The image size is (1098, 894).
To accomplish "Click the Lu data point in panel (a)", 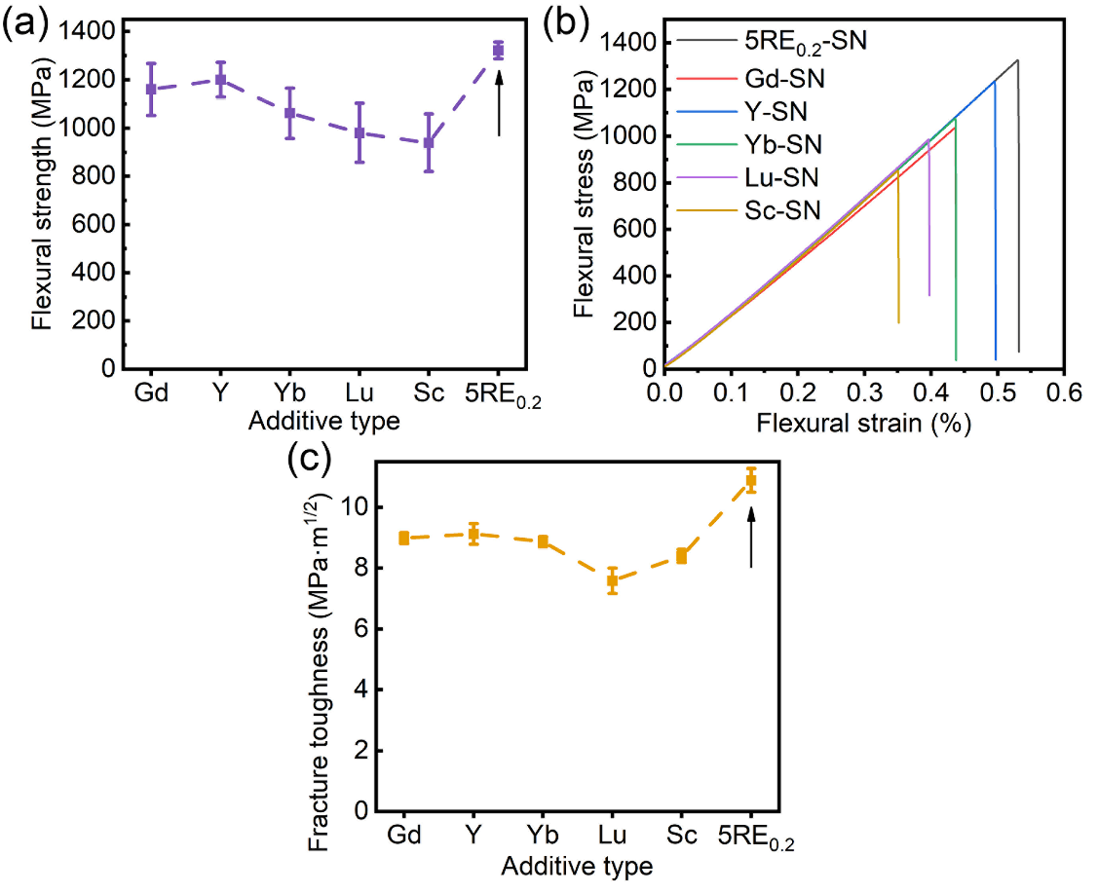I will (360, 132).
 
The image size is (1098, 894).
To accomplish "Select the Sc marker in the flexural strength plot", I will (428, 142).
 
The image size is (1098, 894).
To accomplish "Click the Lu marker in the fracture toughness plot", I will (613, 580).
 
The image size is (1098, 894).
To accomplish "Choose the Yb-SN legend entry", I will (776, 145).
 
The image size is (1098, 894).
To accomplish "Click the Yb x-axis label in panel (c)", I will (544, 836).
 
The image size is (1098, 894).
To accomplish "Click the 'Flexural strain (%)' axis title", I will (864, 424).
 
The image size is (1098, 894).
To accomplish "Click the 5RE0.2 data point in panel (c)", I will (751, 480).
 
